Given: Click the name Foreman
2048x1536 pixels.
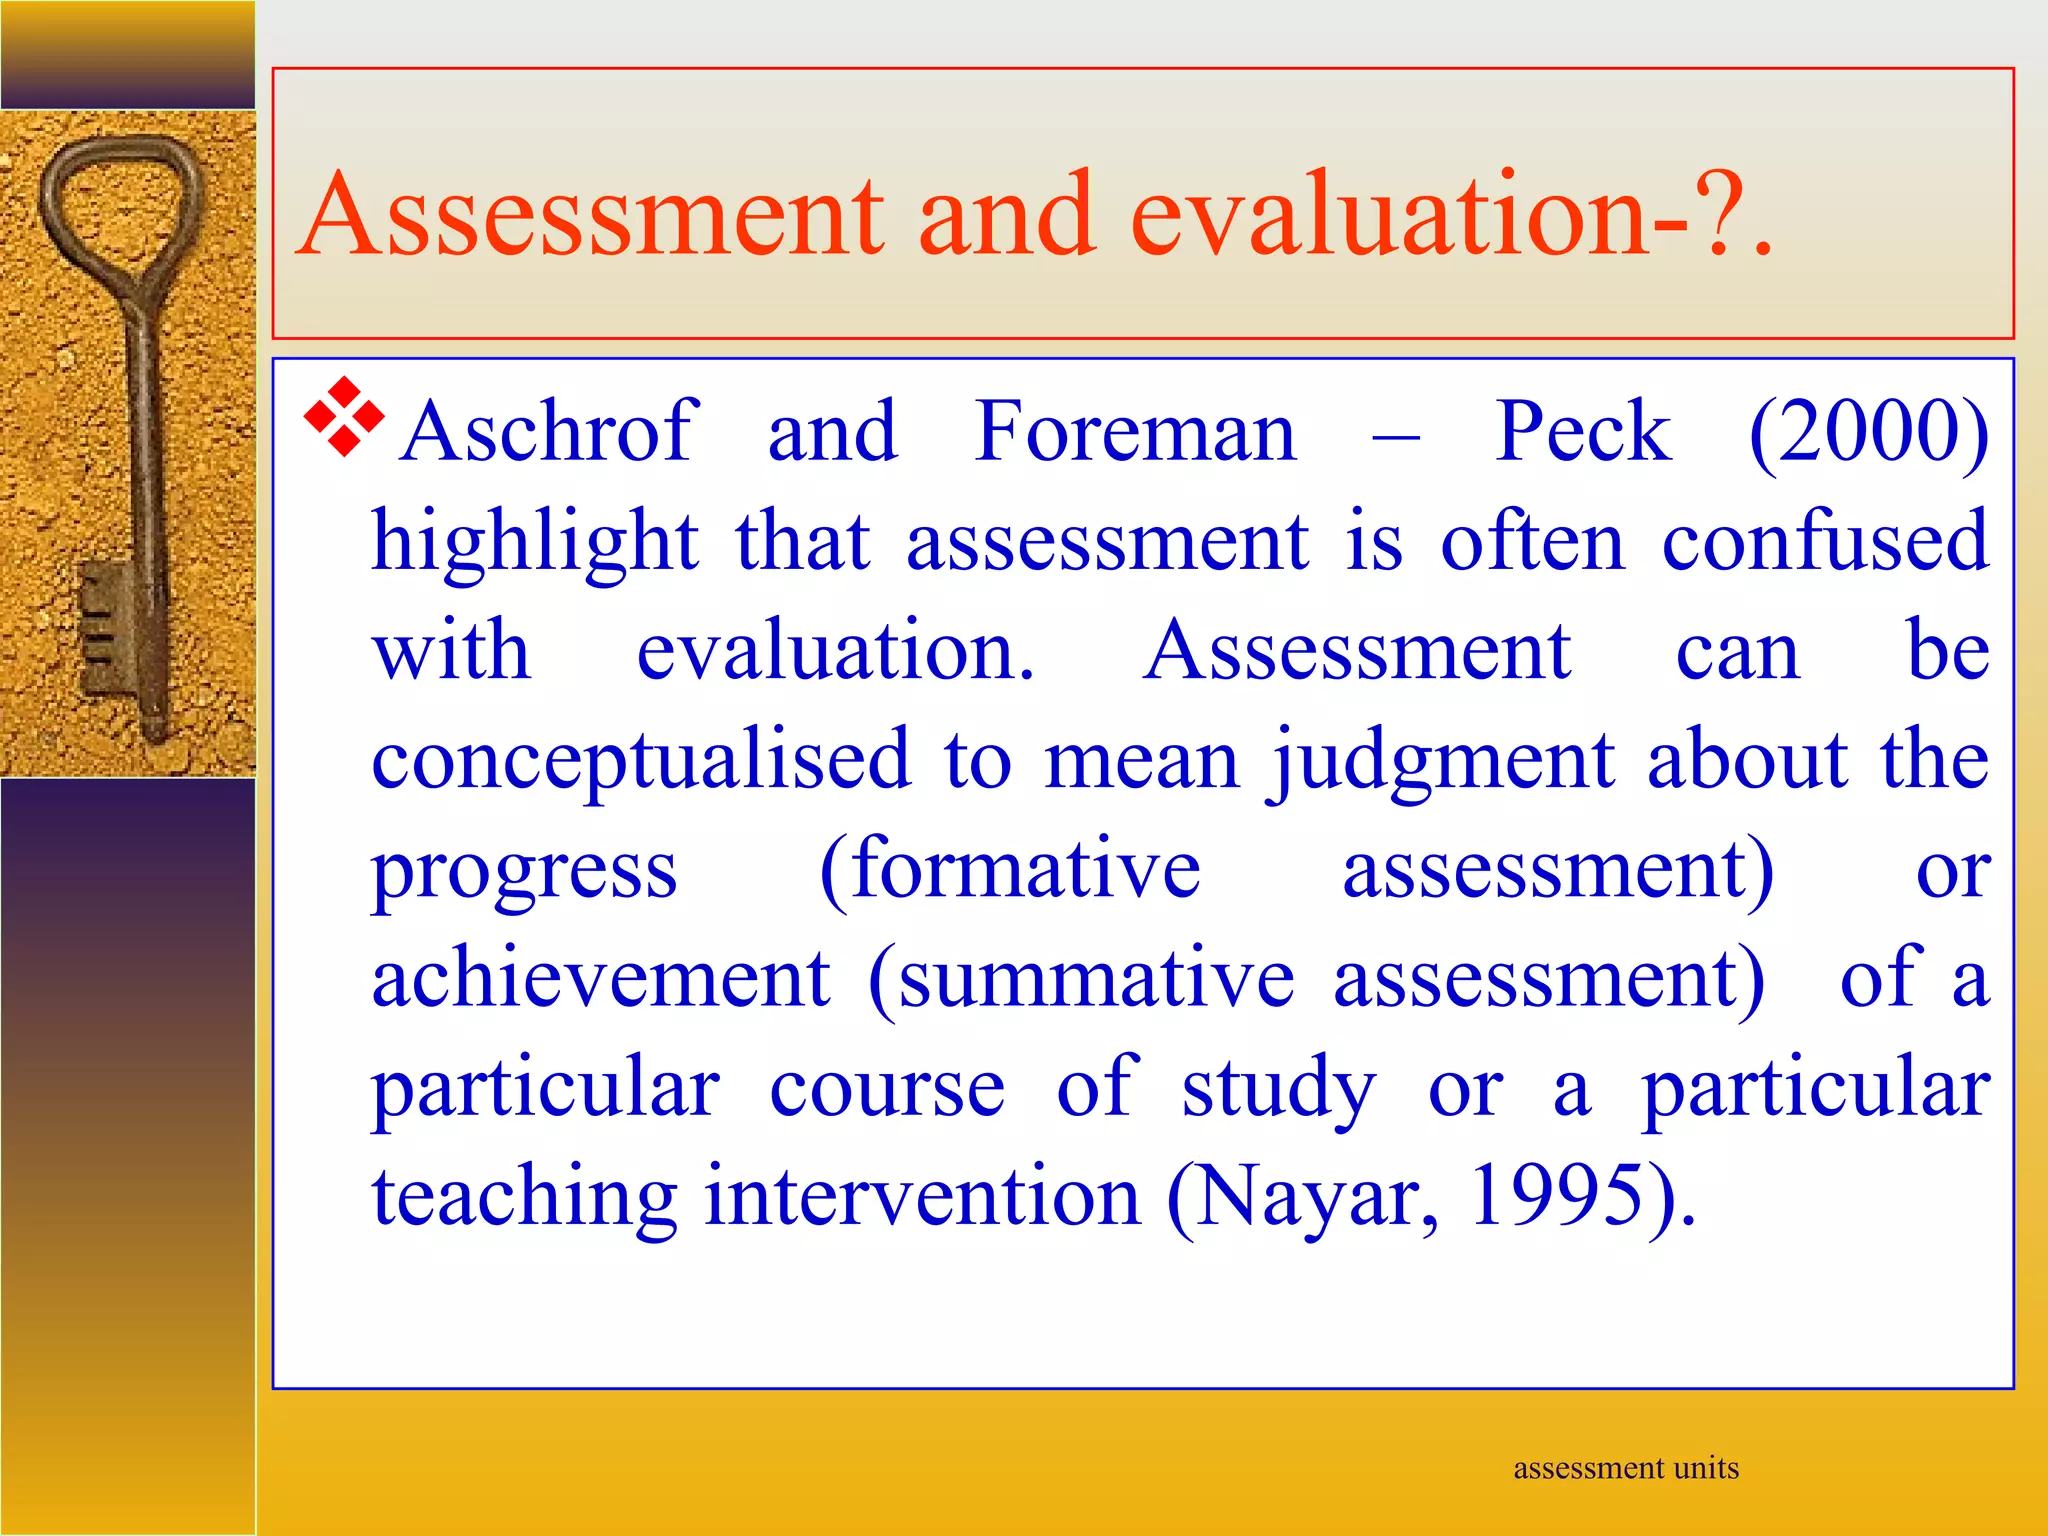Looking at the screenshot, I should [1136, 432].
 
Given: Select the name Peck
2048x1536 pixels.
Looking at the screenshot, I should [1582, 432].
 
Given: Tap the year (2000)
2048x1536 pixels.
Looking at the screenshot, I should [1869, 432].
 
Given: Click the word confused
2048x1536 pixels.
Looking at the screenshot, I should [1825, 541].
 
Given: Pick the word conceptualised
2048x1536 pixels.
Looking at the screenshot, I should [641, 760].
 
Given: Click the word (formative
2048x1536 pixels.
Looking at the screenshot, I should [1010, 870].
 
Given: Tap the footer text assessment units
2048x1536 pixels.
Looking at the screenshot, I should [1626, 1468].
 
